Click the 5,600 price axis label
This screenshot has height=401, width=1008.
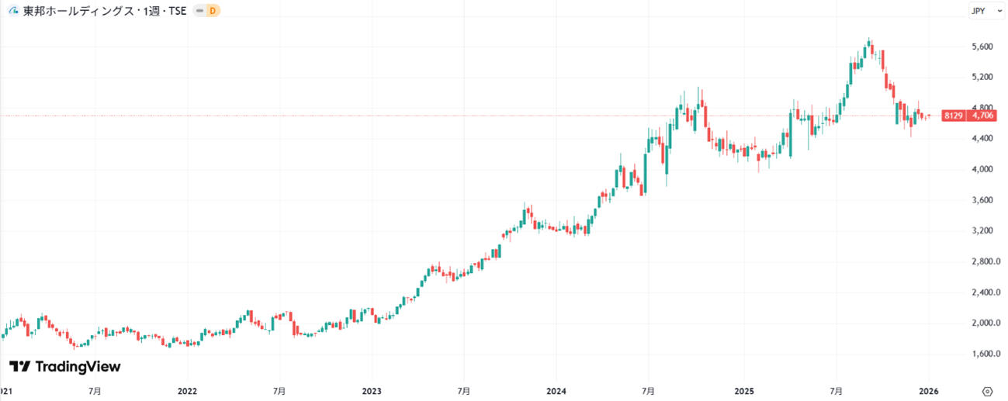(x=982, y=47)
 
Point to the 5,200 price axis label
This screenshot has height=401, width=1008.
(x=982, y=77)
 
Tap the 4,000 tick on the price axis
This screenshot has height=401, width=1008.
(x=982, y=169)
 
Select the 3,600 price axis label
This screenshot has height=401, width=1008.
(x=982, y=200)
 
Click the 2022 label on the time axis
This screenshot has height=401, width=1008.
(x=187, y=391)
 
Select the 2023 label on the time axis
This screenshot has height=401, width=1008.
(x=372, y=391)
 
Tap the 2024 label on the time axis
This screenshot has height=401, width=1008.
(x=556, y=391)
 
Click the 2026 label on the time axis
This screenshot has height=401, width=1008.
(x=928, y=391)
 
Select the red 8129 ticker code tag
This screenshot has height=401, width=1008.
(x=953, y=116)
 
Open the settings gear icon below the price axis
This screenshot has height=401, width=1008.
(x=988, y=390)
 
